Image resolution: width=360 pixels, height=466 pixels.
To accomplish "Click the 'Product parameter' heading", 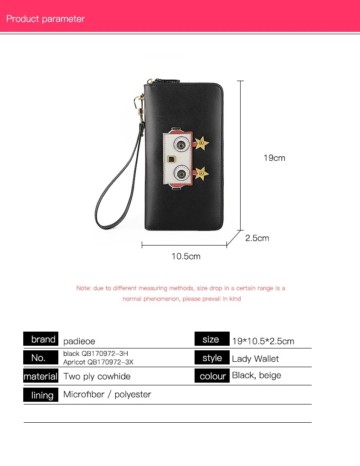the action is pyautogui.click(x=46, y=19).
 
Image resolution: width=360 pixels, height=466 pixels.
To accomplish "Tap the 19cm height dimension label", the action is pyautogui.click(x=274, y=158).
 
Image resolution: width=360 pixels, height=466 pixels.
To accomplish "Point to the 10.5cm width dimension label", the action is pyautogui.click(x=186, y=256).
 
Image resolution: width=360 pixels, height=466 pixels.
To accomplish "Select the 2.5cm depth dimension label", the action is pyautogui.click(x=257, y=238).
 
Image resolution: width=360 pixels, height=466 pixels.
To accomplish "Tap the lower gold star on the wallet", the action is pyautogui.click(x=201, y=172).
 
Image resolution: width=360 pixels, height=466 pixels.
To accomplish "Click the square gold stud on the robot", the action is pyautogui.click(x=172, y=159).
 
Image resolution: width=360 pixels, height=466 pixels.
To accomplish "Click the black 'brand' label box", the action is pyautogui.click(x=41, y=339).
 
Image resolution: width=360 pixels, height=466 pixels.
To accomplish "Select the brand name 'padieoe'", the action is pyautogui.click(x=79, y=341).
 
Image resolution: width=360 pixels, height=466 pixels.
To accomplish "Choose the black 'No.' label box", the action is pyautogui.click(x=41, y=358).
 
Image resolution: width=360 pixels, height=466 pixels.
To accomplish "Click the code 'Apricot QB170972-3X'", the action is pyautogui.click(x=98, y=362).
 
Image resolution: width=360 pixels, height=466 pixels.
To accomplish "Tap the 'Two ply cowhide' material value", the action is pyautogui.click(x=97, y=377).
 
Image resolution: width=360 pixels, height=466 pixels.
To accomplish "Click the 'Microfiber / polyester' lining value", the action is pyautogui.click(x=107, y=394).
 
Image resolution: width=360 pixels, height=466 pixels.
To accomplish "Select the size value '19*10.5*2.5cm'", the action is pyautogui.click(x=263, y=341).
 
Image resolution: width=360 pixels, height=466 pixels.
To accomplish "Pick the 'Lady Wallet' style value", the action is pyautogui.click(x=255, y=359).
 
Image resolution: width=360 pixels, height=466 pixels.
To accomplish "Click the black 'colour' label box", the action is pyautogui.click(x=212, y=377).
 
